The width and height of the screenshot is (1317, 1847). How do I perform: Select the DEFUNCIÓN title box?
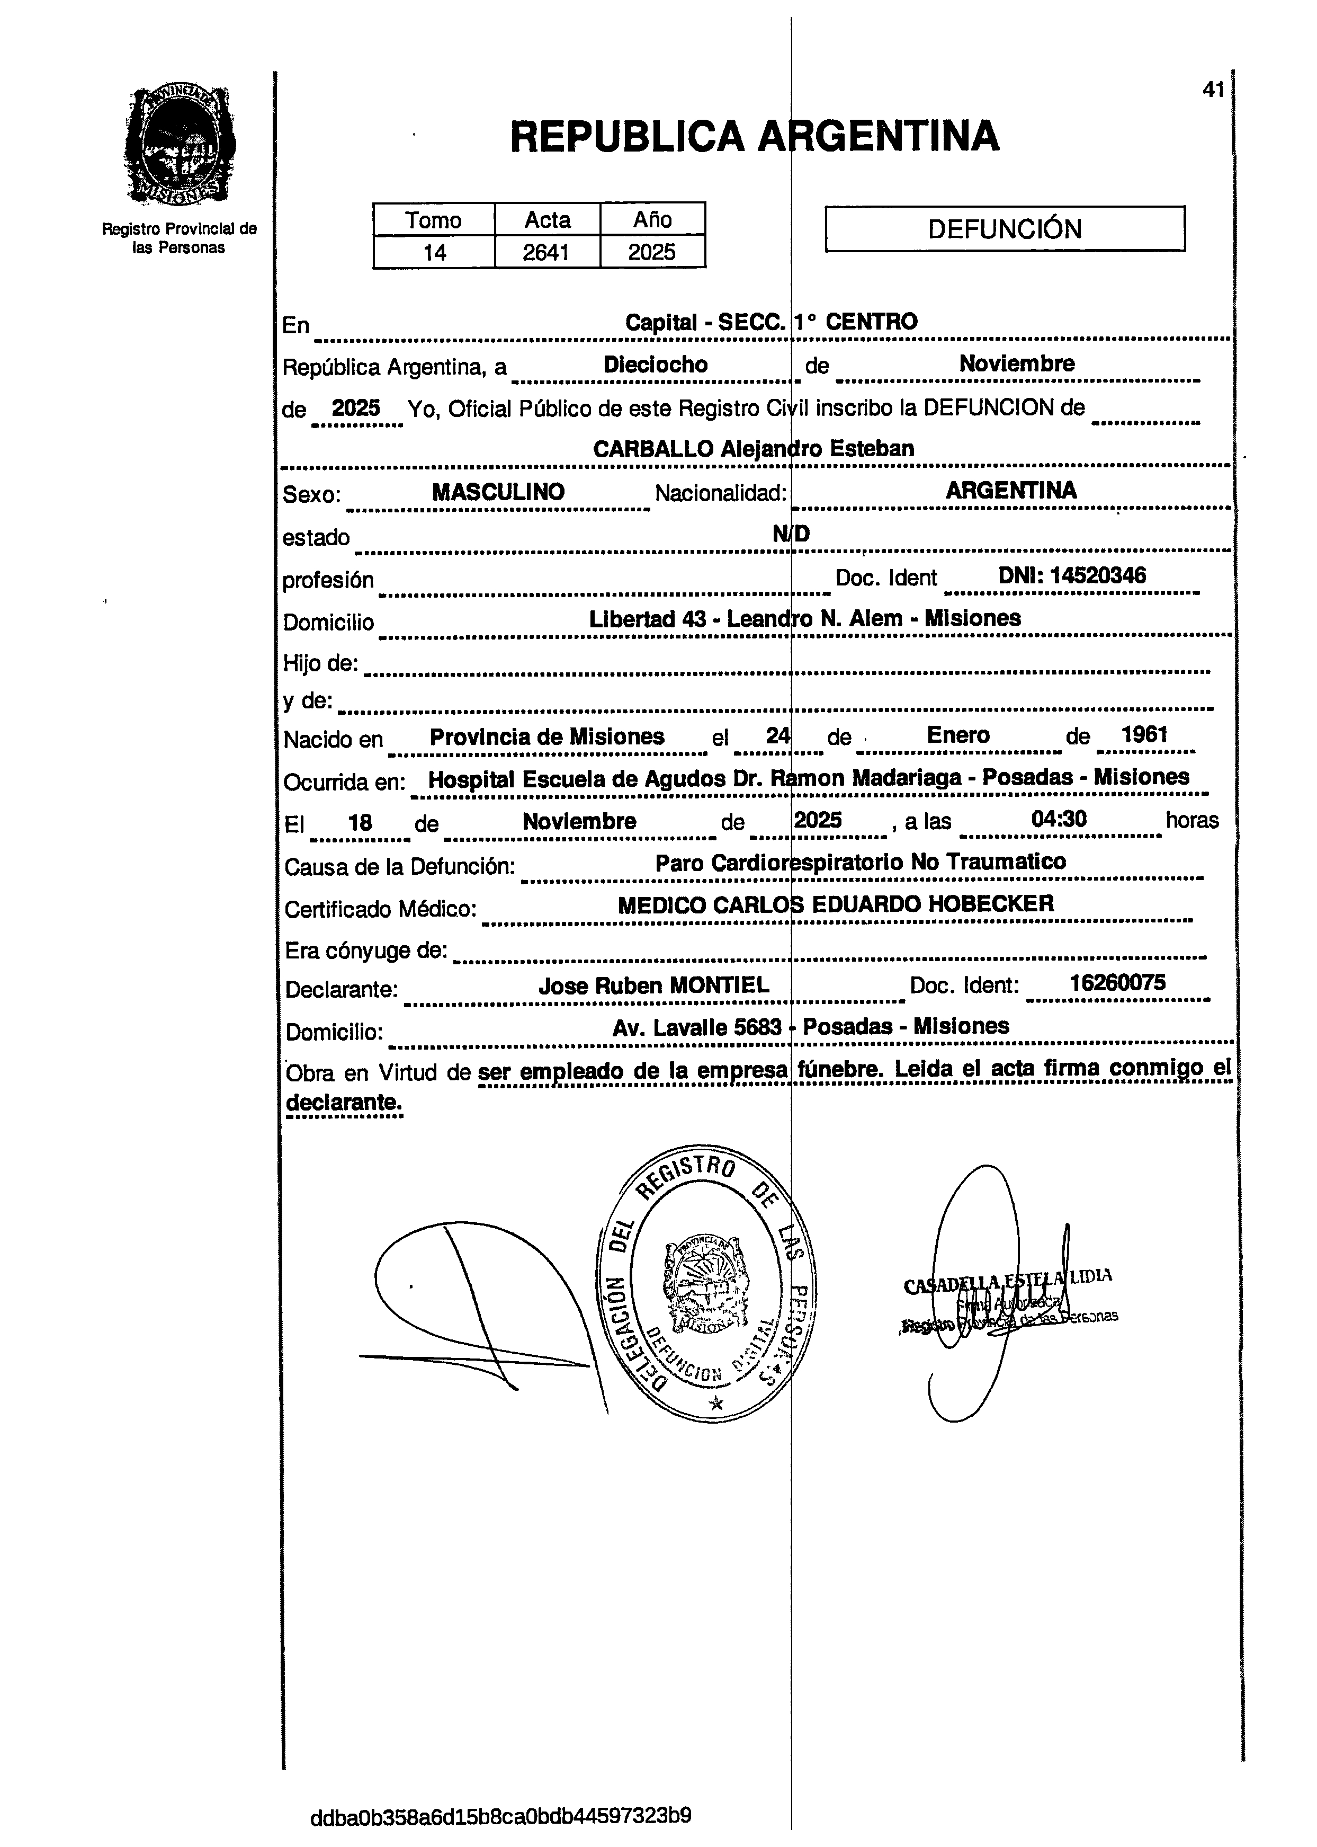coord(1005,229)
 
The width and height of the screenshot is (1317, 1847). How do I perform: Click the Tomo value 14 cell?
coord(435,252)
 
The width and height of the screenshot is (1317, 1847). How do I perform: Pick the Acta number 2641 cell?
coord(546,252)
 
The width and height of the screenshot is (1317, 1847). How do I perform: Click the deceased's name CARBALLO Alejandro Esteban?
coord(754,449)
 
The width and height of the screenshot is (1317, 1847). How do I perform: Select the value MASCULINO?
coord(498,492)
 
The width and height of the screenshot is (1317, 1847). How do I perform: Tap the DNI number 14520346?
coord(1072,576)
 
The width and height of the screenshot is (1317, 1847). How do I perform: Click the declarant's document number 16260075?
coord(1117,983)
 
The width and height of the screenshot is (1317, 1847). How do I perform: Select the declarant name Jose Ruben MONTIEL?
coord(653,985)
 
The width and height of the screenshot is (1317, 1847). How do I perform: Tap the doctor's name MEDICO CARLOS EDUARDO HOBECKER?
coord(835,904)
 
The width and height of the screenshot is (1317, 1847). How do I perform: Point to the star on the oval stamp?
coord(715,1404)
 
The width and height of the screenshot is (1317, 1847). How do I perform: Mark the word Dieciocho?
coord(655,365)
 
